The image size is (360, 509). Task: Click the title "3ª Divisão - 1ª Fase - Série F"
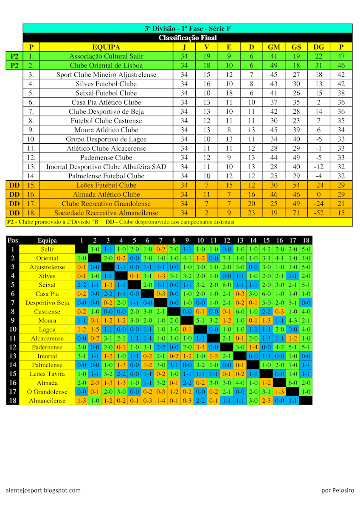(x=187, y=28)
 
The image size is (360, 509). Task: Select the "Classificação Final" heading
(x=187, y=38)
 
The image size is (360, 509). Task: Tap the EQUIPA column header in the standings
(x=106, y=47)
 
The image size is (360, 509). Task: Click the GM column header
(x=274, y=47)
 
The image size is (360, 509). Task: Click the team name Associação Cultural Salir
(x=106, y=56)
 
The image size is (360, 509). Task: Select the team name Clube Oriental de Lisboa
(x=106, y=65)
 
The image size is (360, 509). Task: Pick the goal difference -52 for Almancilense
(x=319, y=213)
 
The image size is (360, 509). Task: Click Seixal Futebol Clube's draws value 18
(x=229, y=93)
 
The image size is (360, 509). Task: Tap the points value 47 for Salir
(x=341, y=56)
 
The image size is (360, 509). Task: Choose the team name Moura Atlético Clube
(x=106, y=130)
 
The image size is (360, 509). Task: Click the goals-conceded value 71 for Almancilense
(x=296, y=213)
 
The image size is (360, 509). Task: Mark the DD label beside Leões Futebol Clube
(x=14, y=185)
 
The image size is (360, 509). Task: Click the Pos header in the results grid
(x=13, y=241)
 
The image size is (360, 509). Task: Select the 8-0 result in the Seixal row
(x=227, y=285)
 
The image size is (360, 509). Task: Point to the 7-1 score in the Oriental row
(x=227, y=258)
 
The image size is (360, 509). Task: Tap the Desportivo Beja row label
(x=47, y=303)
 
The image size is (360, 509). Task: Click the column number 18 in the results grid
(x=306, y=241)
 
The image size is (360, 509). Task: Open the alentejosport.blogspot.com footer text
(x=43, y=490)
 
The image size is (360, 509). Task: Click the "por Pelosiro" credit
(x=337, y=490)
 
